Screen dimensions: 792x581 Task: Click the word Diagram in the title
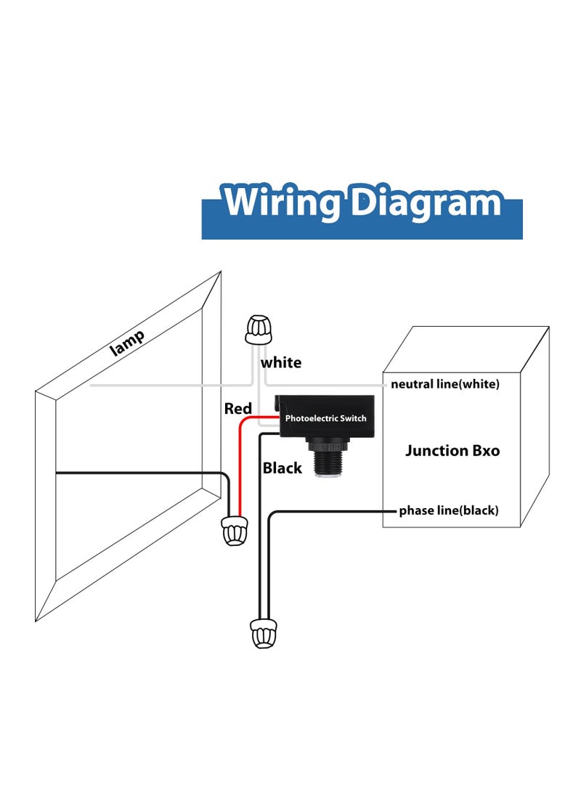click(x=426, y=203)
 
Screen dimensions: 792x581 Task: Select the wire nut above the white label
click(x=258, y=330)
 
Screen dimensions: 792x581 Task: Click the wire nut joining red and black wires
click(x=234, y=531)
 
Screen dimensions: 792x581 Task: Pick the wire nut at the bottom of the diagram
click(x=263, y=632)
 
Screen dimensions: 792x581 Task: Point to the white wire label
click(x=281, y=362)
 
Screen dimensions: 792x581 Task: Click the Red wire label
click(x=237, y=409)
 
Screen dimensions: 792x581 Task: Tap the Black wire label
click(x=283, y=468)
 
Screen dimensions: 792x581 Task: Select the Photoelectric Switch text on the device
click(x=325, y=418)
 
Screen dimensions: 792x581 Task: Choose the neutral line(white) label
click(x=445, y=384)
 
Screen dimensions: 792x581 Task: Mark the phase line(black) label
click(x=449, y=510)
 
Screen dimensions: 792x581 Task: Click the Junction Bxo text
click(x=452, y=451)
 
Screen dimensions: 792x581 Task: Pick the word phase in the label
click(x=415, y=510)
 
